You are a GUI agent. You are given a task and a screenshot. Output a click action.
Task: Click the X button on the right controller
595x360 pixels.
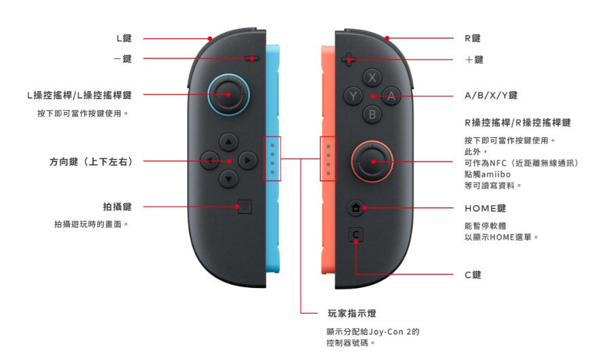(x=372, y=77)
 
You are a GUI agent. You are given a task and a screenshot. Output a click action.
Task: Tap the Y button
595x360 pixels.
(x=353, y=96)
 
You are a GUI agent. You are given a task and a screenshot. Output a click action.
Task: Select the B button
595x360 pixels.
(x=372, y=114)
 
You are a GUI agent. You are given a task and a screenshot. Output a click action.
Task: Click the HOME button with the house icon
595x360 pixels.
(x=356, y=208)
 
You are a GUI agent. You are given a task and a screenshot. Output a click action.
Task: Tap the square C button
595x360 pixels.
(x=355, y=235)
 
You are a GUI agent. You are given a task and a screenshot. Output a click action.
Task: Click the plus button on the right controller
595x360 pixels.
(x=348, y=60)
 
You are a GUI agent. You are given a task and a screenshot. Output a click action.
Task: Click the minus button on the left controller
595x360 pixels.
(x=252, y=58)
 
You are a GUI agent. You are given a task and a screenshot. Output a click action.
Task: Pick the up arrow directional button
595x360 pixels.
(x=228, y=142)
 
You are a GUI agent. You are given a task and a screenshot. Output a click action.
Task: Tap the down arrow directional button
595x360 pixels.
(x=228, y=179)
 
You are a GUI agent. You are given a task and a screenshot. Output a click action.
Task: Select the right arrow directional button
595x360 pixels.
(x=247, y=160)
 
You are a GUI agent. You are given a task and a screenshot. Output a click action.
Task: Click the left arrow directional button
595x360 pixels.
(x=209, y=160)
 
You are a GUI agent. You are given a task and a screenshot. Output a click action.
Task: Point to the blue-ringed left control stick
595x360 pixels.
(x=228, y=94)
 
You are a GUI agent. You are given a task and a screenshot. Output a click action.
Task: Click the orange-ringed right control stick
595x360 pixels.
(x=372, y=162)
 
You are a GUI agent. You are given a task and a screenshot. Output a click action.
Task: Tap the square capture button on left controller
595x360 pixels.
(x=245, y=207)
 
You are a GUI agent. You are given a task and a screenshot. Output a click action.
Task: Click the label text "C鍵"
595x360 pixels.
(x=473, y=275)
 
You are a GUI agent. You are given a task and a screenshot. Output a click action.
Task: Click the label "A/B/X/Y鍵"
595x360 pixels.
(x=491, y=96)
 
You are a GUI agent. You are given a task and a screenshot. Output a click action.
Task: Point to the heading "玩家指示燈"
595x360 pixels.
(x=352, y=313)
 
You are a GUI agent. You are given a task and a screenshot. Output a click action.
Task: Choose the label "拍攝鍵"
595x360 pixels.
(x=118, y=206)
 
